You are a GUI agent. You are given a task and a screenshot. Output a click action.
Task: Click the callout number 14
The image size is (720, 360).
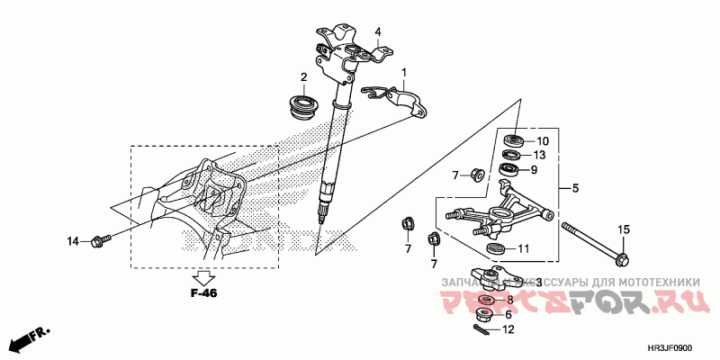tap(73, 240)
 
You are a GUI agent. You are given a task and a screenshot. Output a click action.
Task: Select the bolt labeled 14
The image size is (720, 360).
tap(101, 240)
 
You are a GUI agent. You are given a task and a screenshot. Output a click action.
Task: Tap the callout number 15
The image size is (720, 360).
tap(622, 231)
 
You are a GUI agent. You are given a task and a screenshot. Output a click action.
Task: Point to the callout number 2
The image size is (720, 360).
tap(304, 76)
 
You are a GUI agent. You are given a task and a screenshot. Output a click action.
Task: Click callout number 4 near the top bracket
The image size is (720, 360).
tap(378, 31)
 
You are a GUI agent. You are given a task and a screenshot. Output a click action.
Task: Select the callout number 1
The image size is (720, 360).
tap(405, 72)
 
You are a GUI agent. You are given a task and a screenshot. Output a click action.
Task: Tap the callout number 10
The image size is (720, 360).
tap(543, 141)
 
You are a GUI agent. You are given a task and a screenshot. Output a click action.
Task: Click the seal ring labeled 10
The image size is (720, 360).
tap(517, 139)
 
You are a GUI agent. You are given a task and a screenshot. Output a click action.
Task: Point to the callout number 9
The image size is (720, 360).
tap(533, 169)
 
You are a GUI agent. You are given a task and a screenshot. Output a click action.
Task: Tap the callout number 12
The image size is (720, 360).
tap(508, 330)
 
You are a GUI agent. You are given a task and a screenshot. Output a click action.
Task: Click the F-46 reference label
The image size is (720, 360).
tap(204, 292)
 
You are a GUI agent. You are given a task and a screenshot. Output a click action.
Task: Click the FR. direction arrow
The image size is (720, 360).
tap(28, 340)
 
